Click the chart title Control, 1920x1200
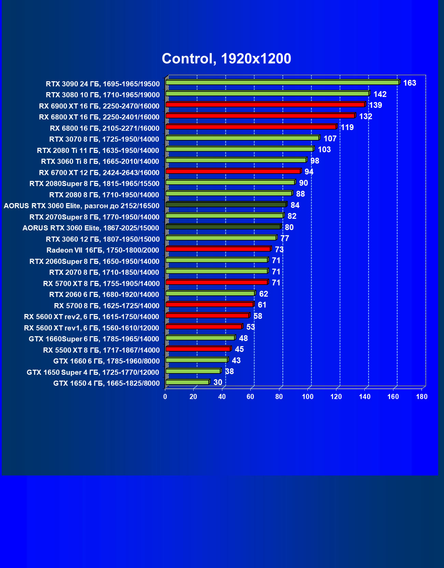pyautogui.click(x=226, y=59)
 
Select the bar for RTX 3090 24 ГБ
pyautogui.click(x=282, y=83)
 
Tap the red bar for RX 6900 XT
pyautogui.click(x=265, y=105)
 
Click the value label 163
pyautogui.click(x=410, y=83)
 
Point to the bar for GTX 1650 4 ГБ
pyautogui.click(x=187, y=382)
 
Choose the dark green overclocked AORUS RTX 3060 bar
pyautogui.click(x=226, y=205)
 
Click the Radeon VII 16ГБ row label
pyautogui.click(x=103, y=250)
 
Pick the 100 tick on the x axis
pyautogui.click(x=308, y=397)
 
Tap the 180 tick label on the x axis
pyautogui.click(x=422, y=397)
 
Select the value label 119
pyautogui.click(x=347, y=127)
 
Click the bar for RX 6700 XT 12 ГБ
pyautogui.click(x=233, y=171)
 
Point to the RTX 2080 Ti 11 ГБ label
pyautogui.click(x=98, y=151)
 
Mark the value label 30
pyautogui.click(x=218, y=382)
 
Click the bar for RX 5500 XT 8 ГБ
pyautogui.click(x=198, y=349)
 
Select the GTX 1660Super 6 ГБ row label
pyautogui.click(x=94, y=339)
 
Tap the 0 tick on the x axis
pyautogui.click(x=165, y=397)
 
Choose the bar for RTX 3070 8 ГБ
pyautogui.click(x=242, y=138)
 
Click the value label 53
pyautogui.click(x=251, y=327)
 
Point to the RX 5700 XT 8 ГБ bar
pyautogui.click(x=217, y=282)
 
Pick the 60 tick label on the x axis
pyautogui.click(x=250, y=397)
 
